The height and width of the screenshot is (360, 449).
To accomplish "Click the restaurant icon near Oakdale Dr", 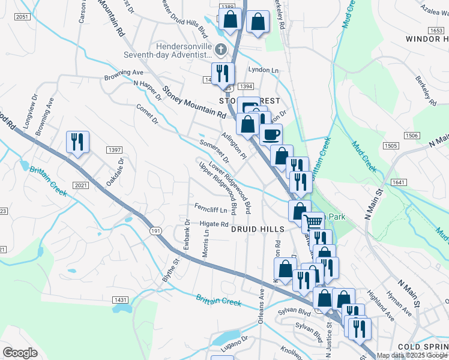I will [x=77, y=142].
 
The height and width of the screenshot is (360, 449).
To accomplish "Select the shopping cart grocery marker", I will [x=312, y=223].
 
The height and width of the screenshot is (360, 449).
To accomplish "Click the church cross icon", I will [x=221, y=49].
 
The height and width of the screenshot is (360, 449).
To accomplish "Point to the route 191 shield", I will [x=155, y=231].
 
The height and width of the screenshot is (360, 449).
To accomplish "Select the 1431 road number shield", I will [x=120, y=299].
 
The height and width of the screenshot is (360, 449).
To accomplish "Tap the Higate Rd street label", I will [x=214, y=224].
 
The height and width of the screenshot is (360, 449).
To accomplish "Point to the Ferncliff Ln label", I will [x=211, y=210].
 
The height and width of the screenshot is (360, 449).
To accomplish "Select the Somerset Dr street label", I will [x=215, y=151].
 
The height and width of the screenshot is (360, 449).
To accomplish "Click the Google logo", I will [x=20, y=353].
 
